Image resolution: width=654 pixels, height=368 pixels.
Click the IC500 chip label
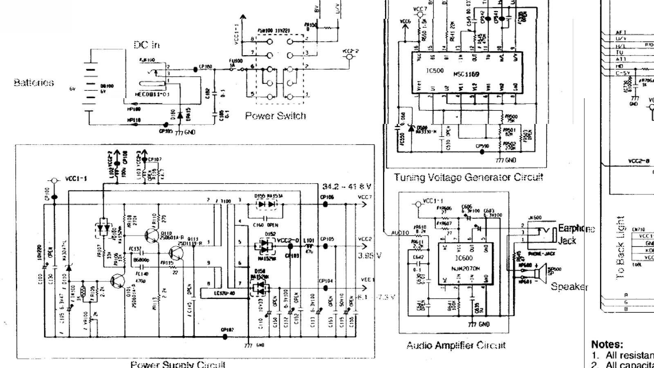coord(435,71)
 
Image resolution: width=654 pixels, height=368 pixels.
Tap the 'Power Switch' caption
coord(275,116)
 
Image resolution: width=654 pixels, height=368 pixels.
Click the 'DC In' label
coord(146,45)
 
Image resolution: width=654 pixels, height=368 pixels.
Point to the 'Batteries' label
coord(34,83)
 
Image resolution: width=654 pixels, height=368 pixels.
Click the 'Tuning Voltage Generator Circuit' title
coord(468,177)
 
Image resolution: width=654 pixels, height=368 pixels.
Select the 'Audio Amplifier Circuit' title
coord(456,346)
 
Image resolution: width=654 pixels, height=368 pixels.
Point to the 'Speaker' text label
coord(569,287)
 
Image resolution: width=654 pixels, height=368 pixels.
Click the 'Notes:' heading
coord(607,344)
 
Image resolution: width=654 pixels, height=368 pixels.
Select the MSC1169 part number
coord(466,74)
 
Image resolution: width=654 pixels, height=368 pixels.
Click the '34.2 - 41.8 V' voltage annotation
coord(347,186)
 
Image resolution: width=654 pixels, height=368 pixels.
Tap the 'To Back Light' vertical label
coord(621,248)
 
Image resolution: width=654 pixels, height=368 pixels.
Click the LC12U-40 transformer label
coord(224,293)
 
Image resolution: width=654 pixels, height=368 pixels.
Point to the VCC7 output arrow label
coord(365,197)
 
